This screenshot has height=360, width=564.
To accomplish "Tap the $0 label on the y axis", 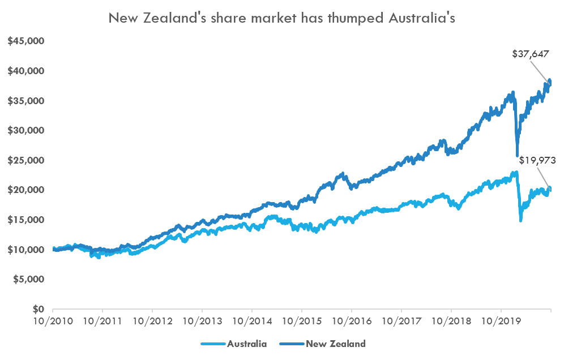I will [37, 309].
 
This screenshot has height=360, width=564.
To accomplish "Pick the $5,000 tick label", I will [29, 279].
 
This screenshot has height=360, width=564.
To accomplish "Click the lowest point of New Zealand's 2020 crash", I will [517, 156].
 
